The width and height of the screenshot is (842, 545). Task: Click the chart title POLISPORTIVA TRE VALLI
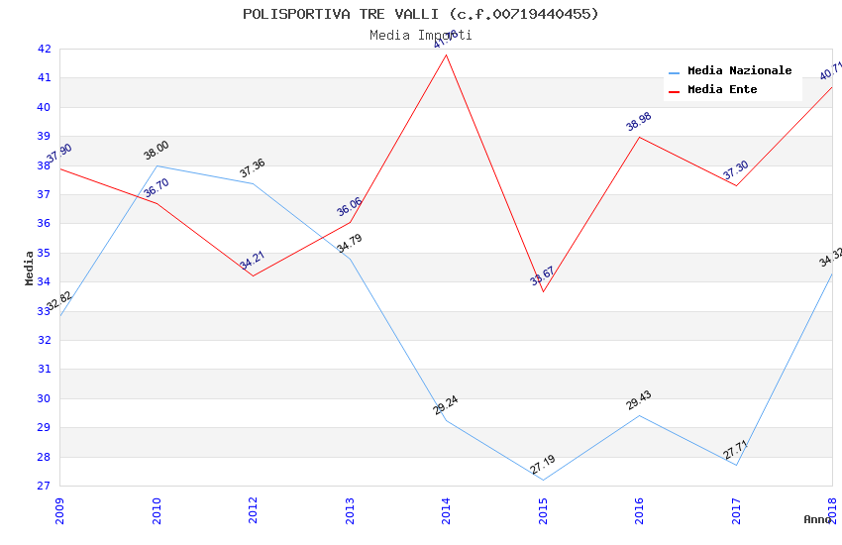click(421, 14)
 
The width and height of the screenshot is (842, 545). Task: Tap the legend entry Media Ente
click(722, 90)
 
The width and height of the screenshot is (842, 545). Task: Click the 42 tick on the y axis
click(44, 49)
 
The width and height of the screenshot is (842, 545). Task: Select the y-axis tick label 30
click(44, 398)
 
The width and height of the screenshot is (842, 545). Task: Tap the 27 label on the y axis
click(44, 487)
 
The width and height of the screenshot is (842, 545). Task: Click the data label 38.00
click(157, 151)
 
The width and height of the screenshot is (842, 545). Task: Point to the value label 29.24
click(446, 405)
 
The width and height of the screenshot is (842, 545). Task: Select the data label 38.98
click(639, 122)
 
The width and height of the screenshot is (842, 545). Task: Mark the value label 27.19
click(542, 465)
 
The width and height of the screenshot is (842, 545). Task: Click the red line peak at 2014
click(447, 54)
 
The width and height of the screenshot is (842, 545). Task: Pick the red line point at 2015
click(543, 291)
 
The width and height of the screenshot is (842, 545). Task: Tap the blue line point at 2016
click(640, 415)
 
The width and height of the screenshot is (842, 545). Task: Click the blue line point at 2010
click(157, 165)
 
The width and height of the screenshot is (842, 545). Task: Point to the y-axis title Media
click(30, 268)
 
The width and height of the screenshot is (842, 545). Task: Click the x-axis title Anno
click(817, 519)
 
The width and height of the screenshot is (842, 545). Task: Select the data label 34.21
click(252, 261)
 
